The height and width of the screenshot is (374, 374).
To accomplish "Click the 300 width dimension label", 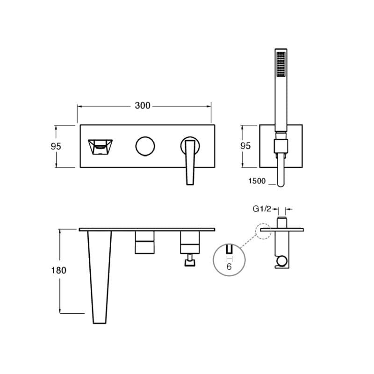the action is coord(143,106).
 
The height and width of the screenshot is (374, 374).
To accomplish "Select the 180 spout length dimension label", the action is coord(59,270).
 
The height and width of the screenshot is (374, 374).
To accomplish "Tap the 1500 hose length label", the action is coord(257,181).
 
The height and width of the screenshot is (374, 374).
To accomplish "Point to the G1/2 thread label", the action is coord(262,209).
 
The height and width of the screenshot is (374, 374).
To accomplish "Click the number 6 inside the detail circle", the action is coord(229,266).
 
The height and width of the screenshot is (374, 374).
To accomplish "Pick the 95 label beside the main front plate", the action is coord(56,146).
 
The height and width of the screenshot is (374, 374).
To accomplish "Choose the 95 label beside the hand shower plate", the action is coord(245,146).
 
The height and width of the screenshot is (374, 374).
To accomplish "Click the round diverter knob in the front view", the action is coord(145,146).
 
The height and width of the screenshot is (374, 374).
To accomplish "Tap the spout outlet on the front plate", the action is coord(100,147).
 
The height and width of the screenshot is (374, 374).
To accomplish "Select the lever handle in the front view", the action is coord(190,162).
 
